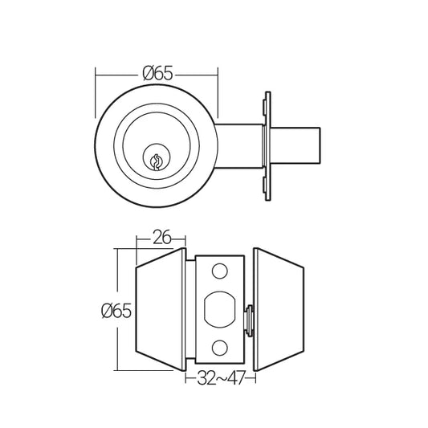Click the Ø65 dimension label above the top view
(x=157, y=74)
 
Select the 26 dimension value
(x=161, y=238)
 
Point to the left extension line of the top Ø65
(x=96, y=96)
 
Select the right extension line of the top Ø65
(x=218, y=96)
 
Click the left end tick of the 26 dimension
(x=135, y=238)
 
